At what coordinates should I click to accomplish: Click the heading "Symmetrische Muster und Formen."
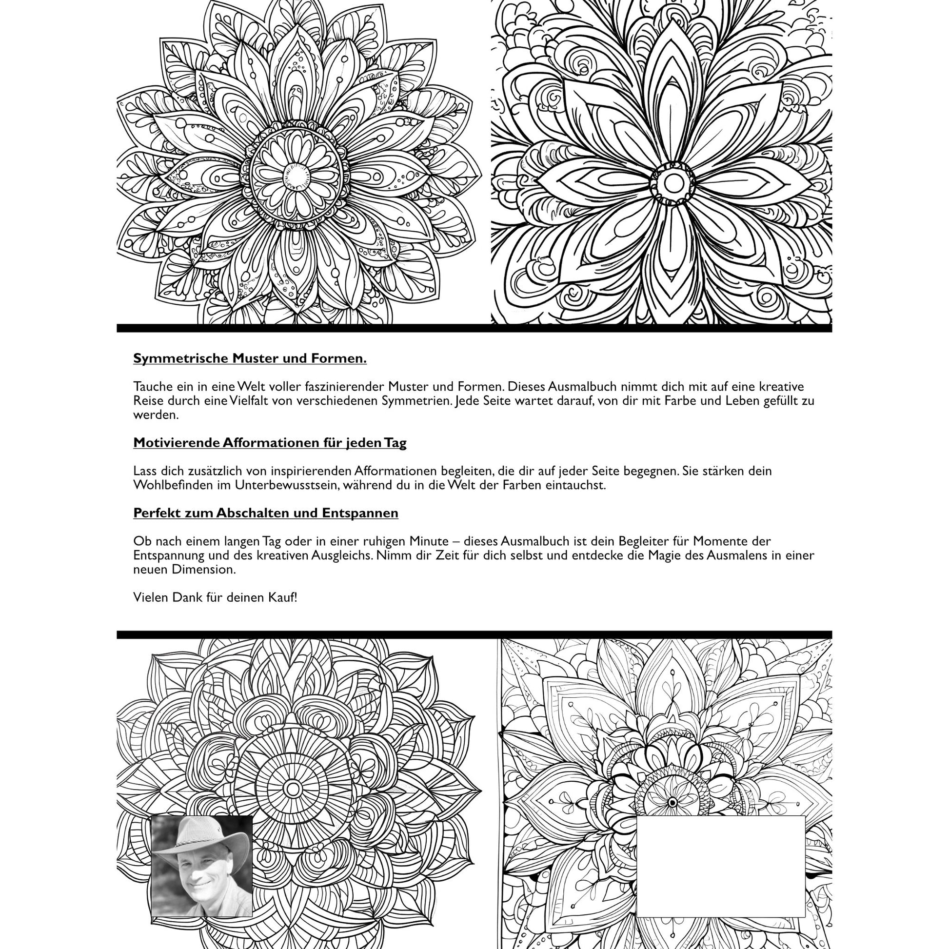click(x=250, y=358)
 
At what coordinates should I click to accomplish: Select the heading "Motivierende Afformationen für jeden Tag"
click(x=270, y=443)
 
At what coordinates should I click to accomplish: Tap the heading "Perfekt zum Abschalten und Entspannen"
click(x=266, y=513)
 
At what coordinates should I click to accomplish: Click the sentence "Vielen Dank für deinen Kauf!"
click(x=215, y=597)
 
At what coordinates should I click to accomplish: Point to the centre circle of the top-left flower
click(x=296, y=176)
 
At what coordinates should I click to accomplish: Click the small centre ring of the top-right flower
click(x=673, y=184)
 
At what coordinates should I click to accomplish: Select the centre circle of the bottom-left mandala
click(x=293, y=790)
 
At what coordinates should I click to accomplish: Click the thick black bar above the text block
click(x=474, y=328)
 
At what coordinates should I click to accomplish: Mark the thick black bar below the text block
click(x=474, y=634)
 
